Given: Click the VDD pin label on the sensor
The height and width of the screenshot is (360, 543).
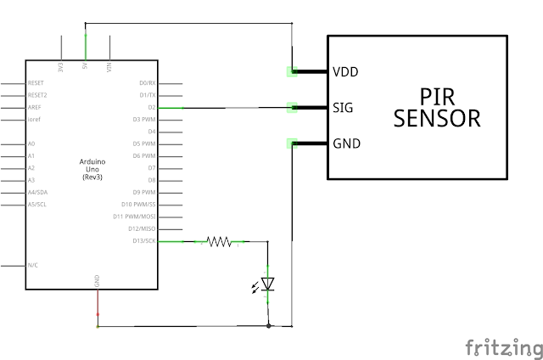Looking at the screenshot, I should [346, 72].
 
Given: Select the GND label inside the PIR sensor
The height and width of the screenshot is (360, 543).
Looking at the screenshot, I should [346, 143].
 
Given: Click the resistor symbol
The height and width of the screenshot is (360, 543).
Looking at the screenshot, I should [219, 242].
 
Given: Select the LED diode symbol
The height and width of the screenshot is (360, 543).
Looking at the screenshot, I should [268, 284].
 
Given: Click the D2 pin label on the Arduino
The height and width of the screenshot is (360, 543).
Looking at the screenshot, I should [151, 108].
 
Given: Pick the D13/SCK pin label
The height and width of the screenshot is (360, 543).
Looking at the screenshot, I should [144, 242].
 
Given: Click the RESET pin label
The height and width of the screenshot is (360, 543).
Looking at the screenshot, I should [36, 84].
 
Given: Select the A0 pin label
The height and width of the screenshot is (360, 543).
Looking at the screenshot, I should [31, 144].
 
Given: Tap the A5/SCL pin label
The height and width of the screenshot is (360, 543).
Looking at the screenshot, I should [36, 205].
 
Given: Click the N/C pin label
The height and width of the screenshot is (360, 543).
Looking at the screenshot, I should [32, 265].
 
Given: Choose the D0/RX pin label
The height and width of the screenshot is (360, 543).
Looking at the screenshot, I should [148, 83].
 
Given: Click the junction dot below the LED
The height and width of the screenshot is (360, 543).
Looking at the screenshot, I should [268, 325].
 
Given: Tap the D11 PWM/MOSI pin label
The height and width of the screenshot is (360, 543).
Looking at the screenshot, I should [136, 217].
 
